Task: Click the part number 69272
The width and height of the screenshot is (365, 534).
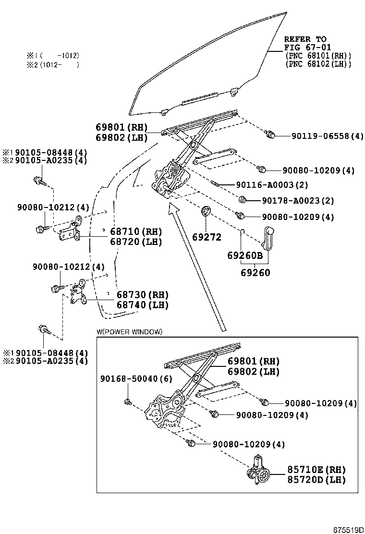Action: click(207, 237)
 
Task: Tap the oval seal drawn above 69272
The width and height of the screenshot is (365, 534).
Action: click(206, 211)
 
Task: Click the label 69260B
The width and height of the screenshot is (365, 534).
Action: click(245, 255)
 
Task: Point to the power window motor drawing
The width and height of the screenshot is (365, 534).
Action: click(258, 470)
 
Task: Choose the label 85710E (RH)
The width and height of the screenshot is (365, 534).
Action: click(316, 470)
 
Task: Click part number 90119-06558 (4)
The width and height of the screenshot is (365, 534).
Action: click(328, 136)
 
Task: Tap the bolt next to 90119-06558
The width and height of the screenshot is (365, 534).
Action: click(270, 134)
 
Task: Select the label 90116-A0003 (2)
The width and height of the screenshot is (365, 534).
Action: click(272, 185)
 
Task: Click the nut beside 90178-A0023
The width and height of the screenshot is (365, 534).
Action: click(242, 199)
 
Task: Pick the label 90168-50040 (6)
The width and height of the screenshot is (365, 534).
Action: click(136, 379)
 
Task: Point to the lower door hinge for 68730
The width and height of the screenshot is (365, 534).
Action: click(79, 292)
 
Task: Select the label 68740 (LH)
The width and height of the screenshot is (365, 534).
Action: click(143, 305)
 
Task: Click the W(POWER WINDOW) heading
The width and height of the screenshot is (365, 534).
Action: click(129, 332)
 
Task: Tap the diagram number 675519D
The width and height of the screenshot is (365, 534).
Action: click(349, 530)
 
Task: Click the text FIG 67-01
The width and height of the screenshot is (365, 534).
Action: click(308, 48)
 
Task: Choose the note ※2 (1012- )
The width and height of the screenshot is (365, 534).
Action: click(53, 65)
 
